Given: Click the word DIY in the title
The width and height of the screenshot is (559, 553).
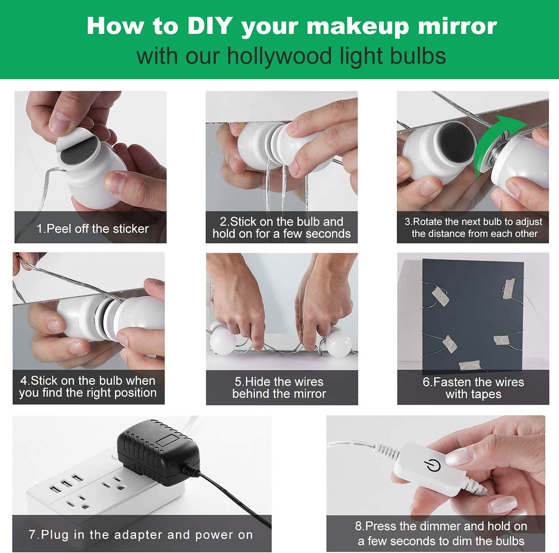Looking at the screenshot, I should click(x=209, y=26).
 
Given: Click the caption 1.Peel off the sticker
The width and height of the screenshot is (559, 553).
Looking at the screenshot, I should click(x=93, y=228).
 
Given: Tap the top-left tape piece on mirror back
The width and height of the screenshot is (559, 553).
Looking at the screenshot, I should click(x=440, y=296).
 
